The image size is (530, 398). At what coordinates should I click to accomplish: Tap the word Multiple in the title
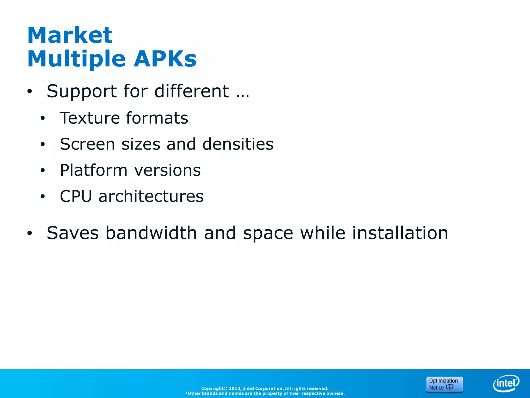(76, 59)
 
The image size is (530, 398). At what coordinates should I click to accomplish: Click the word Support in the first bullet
(82, 91)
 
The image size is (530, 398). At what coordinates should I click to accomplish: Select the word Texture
(90, 118)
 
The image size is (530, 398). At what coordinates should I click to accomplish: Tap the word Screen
(87, 144)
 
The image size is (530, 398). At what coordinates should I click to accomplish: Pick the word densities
(238, 144)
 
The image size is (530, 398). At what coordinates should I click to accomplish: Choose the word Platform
(94, 170)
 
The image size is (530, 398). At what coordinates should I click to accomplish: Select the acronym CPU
(76, 196)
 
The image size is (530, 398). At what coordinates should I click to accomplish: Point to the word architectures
(151, 196)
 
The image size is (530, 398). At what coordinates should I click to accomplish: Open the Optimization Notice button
(444, 384)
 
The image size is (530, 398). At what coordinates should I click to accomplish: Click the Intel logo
(506, 383)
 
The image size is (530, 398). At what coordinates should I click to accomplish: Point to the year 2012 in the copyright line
(234, 388)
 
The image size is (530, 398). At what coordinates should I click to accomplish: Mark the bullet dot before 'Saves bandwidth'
(30, 233)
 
